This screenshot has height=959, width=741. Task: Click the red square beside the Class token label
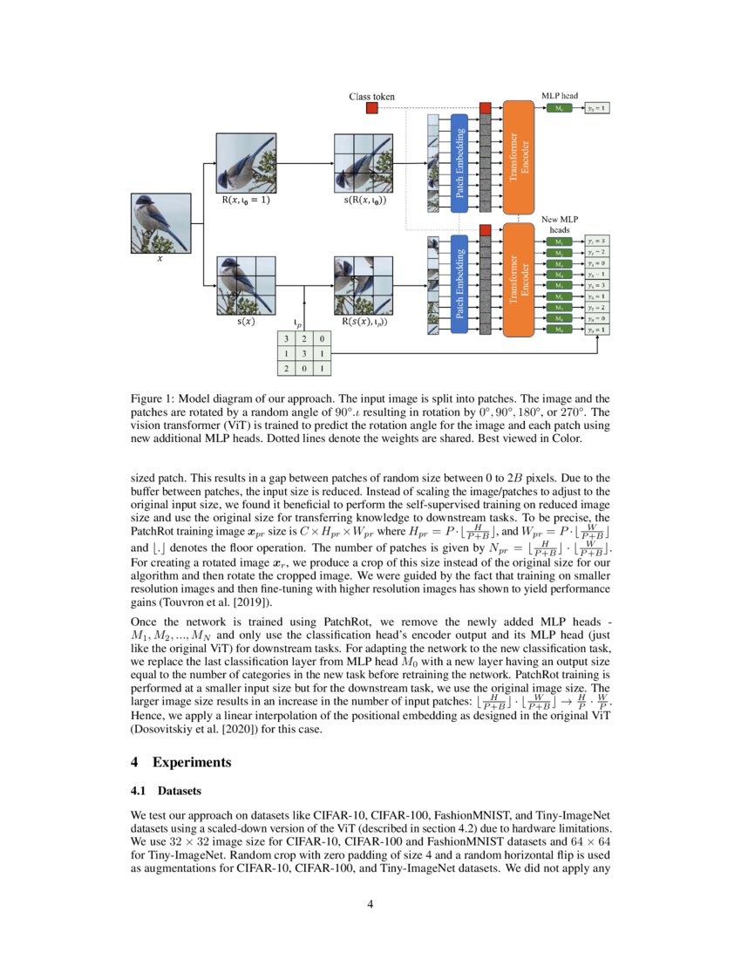pos(372,108)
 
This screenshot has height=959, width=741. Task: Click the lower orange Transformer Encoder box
pos(520,281)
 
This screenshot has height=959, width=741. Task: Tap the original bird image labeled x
pos(160,222)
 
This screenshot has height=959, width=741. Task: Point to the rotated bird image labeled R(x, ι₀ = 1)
pos(246,163)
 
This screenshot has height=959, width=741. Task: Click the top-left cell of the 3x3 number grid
pos(287,338)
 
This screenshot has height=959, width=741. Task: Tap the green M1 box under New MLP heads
pos(559,241)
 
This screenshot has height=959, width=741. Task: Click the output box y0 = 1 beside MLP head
pos(597,108)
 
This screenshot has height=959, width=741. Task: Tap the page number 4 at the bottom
pos(370,903)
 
